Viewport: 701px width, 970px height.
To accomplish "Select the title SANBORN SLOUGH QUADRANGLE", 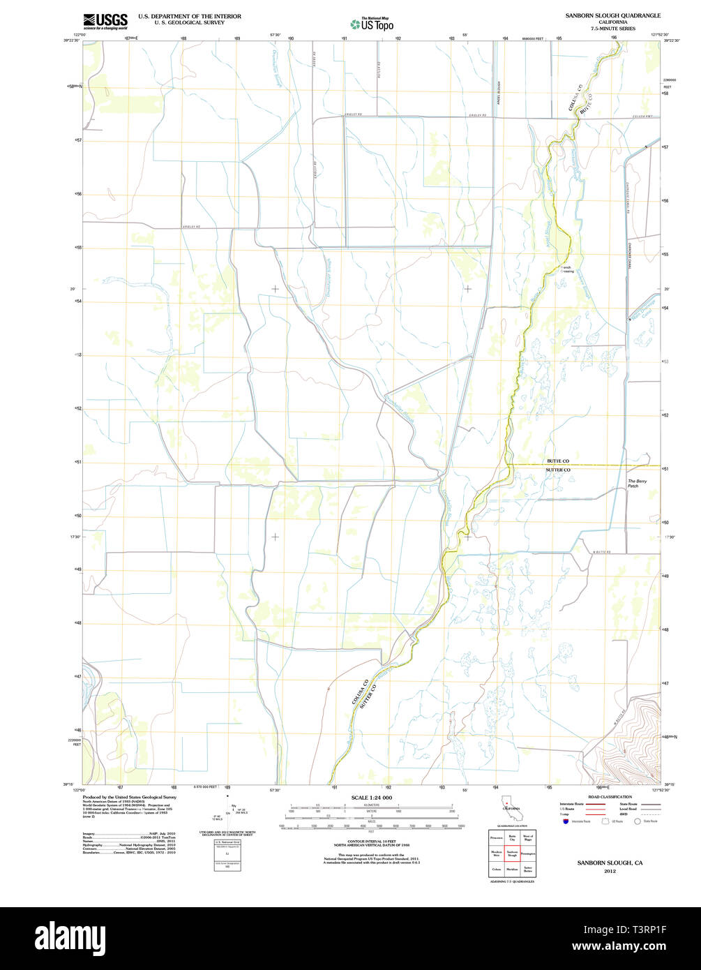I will (x=613, y=15).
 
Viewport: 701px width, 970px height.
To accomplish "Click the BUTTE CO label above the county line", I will (x=558, y=461).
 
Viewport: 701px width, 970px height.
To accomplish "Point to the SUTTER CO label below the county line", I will (x=558, y=470).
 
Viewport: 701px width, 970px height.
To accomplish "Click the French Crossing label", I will (x=567, y=269).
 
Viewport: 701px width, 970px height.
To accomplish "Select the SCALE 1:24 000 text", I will (x=372, y=798).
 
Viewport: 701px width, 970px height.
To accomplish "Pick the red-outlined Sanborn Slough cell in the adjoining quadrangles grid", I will (x=511, y=853).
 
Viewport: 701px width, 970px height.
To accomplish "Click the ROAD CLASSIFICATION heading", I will (x=610, y=797).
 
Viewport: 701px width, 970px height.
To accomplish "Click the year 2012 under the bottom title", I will (x=610, y=872).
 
